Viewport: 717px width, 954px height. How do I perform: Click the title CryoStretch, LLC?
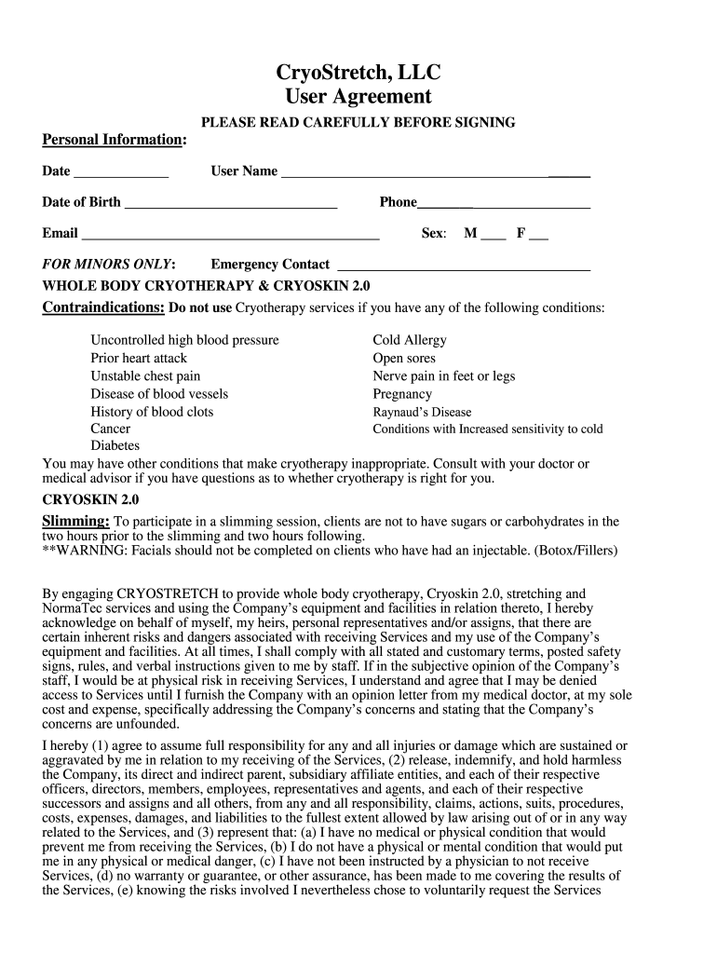point(358,72)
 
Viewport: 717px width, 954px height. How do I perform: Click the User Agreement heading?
point(358,97)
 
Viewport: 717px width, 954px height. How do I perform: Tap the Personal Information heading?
point(114,140)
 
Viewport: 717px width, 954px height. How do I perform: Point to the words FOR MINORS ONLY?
point(109,265)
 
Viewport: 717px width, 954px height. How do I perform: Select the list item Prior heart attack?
point(139,358)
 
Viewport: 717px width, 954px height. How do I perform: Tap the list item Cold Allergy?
point(410,340)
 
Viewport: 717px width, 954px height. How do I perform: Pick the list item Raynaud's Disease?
point(422,412)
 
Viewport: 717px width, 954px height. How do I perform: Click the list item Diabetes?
point(115,446)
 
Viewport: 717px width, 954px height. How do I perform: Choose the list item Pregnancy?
point(402,394)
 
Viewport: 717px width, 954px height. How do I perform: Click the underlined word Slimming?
point(76,521)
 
